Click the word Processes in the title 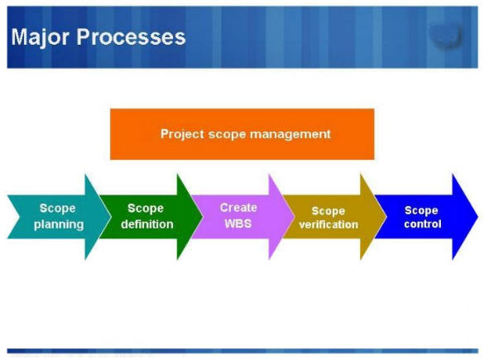pyautogui.click(x=132, y=37)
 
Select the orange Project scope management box pyautogui.click(x=242, y=133)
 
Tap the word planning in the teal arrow pyautogui.click(x=58, y=224)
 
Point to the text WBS pyautogui.click(x=238, y=223)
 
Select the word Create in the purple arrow pyautogui.click(x=238, y=208)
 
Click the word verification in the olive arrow pyautogui.click(x=328, y=225)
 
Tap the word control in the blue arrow pyautogui.click(x=422, y=224)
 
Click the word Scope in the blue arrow pyautogui.click(x=422, y=210)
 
